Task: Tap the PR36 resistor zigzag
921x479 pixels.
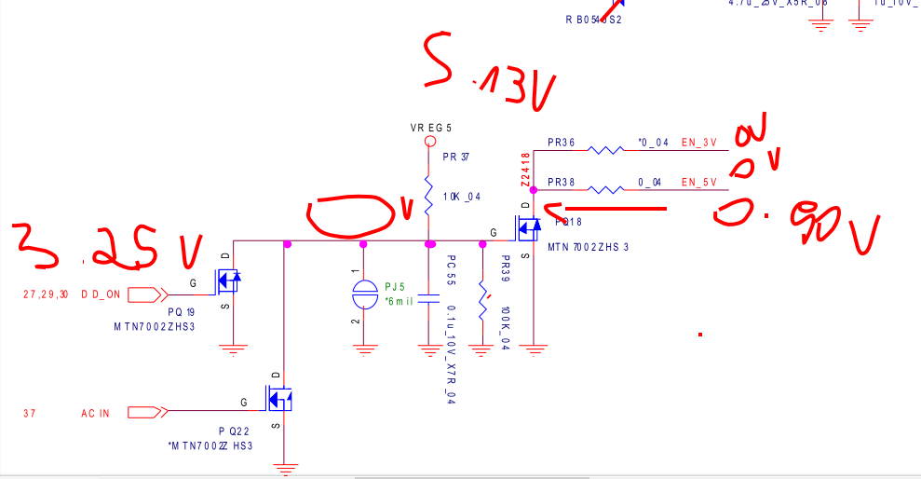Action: (606, 148)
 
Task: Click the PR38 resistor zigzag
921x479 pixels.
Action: (606, 187)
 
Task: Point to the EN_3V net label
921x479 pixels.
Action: (699, 143)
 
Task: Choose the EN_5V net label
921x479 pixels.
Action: (699, 182)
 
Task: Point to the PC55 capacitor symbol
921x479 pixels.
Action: (428, 300)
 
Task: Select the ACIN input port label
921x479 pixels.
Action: (95, 413)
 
